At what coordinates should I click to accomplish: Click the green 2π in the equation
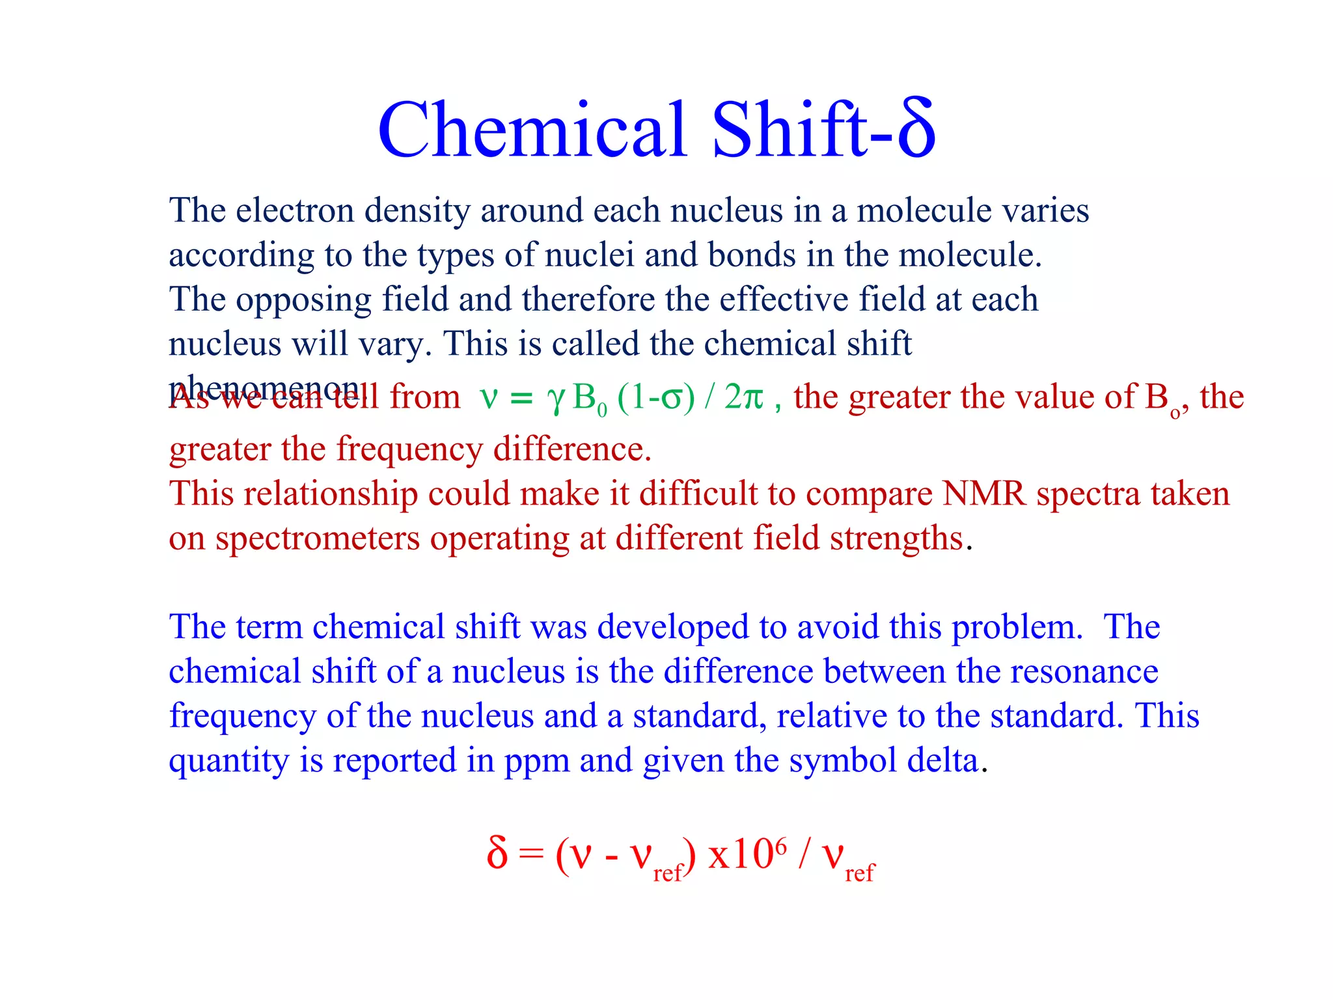tap(743, 396)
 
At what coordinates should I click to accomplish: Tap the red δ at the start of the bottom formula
tap(497, 852)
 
